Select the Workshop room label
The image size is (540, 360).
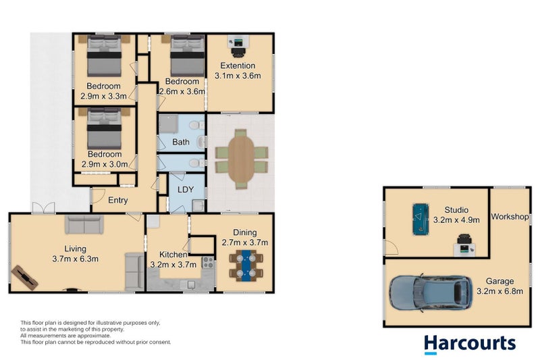509,217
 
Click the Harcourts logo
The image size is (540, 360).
470,343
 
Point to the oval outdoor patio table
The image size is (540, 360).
241,158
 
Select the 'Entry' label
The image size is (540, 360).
118,200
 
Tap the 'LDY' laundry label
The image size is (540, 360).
185,190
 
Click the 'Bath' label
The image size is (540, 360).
181,142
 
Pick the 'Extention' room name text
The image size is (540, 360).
237,66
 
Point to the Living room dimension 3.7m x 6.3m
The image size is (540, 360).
76,258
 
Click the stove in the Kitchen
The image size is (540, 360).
208,264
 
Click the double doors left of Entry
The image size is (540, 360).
40,207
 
